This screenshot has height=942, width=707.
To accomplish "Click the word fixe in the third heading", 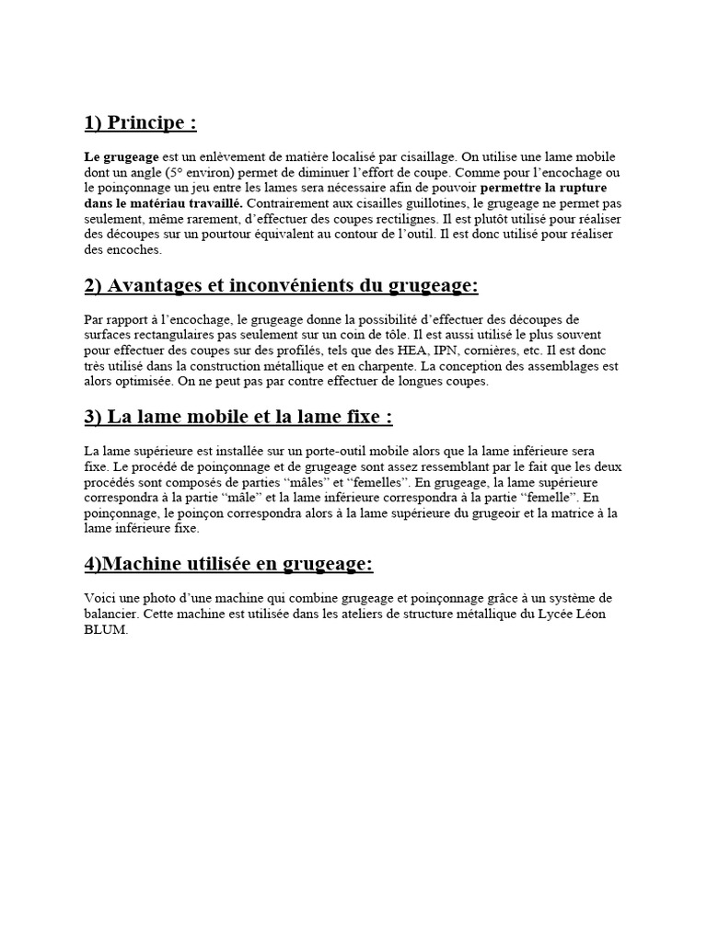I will tap(361, 417).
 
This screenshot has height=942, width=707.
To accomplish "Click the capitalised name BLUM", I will tap(102, 629).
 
